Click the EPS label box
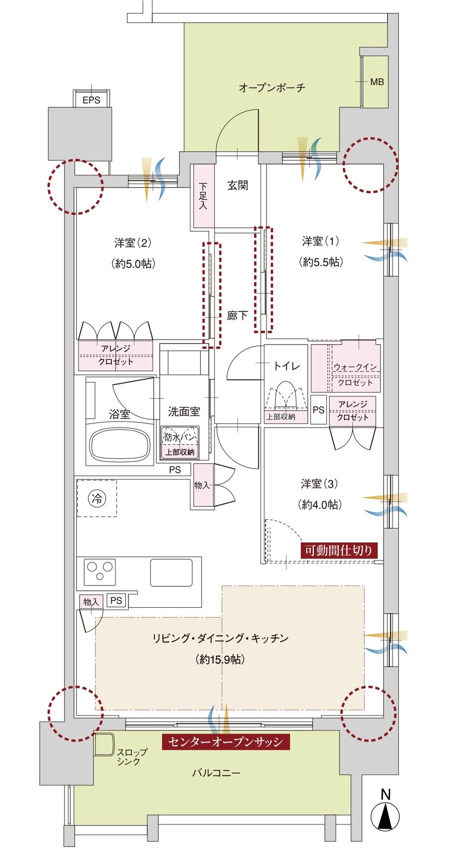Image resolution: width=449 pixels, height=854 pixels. point(91,100)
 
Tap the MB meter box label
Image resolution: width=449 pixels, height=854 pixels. point(377,81)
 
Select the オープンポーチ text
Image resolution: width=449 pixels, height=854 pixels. point(271,88)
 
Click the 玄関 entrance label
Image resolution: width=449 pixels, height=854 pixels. point(237,185)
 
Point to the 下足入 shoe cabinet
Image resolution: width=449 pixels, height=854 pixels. point(203,196)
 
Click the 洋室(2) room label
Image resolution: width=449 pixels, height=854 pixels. point(132,243)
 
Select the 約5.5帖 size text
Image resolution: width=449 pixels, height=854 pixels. point(321,262)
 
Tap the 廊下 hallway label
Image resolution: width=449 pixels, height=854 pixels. point(237,316)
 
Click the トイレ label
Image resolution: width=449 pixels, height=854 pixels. point(286,366)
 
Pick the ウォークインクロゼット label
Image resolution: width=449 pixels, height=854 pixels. point(355,375)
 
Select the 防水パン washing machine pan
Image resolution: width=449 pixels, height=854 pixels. point(180,437)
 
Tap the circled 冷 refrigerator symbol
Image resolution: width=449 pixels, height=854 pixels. point(97,498)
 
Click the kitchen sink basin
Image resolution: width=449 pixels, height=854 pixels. point(171,572)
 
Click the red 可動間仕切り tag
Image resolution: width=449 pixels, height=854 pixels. point(339,550)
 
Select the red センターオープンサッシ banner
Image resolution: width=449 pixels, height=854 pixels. point(225,742)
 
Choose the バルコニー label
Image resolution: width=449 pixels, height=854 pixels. point(216,773)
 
